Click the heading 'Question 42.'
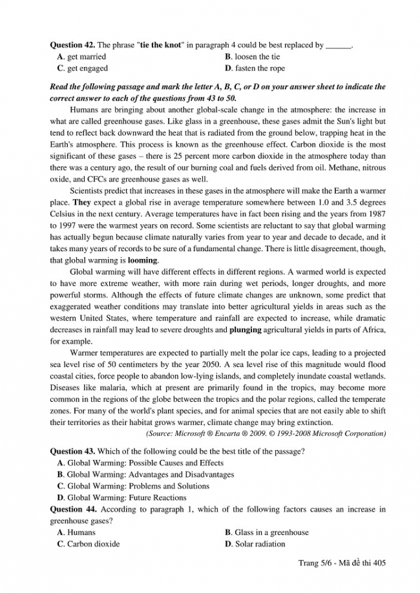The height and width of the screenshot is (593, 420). [x=72, y=46]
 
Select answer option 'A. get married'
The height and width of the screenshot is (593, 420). [x=81, y=57]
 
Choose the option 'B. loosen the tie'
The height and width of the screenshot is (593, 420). [x=254, y=57]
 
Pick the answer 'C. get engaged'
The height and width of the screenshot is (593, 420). [x=82, y=68]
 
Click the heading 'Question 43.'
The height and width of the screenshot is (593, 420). [x=72, y=450]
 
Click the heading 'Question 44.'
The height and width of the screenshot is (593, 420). [x=72, y=509]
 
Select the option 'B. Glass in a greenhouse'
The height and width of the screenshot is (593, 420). [x=267, y=532]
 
